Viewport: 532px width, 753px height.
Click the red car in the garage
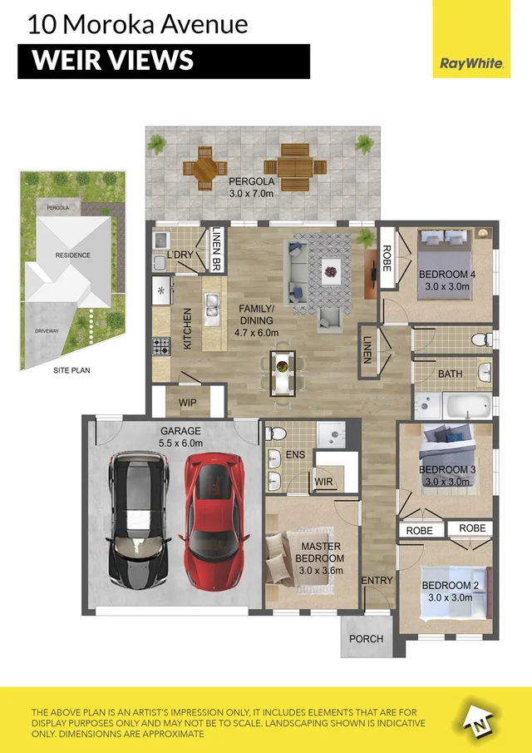coord(214,521)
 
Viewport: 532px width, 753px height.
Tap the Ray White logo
coord(471,63)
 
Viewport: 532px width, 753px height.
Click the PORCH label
coord(366,639)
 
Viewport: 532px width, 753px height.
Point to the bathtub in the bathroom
coord(467,406)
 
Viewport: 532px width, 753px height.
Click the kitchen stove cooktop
coord(161,346)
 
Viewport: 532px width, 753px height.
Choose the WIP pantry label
coord(188,403)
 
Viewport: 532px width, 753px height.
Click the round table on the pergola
coord(204,168)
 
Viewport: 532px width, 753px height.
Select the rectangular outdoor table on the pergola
coord(295,167)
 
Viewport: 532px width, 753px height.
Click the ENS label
coord(295,453)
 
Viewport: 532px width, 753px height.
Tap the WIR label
coord(324,482)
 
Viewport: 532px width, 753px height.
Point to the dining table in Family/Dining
coord(283,373)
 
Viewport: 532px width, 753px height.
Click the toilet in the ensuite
coord(275,433)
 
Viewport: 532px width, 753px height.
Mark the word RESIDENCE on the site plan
coord(72,255)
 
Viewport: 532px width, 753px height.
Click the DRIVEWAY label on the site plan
coord(47,331)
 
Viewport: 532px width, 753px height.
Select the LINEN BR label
coord(215,250)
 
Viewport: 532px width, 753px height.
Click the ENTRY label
coord(377,580)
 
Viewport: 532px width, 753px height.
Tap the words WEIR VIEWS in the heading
coord(113,61)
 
